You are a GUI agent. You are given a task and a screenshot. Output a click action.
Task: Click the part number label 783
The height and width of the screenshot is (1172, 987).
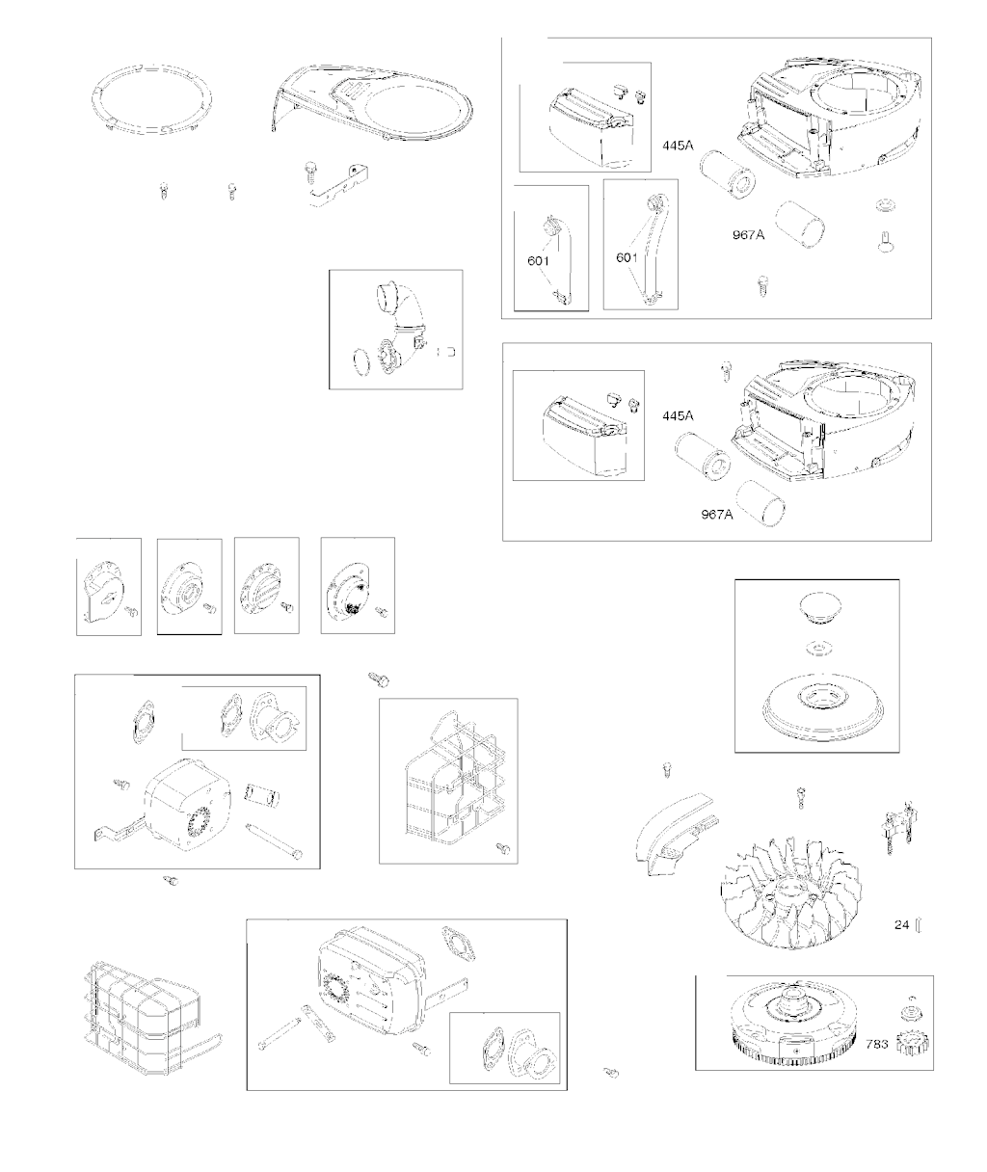pos(877,1044)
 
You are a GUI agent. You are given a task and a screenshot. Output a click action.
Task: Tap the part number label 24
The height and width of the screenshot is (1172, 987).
pos(901,924)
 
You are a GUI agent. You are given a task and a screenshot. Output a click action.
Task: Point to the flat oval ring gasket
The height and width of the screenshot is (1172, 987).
pos(151,99)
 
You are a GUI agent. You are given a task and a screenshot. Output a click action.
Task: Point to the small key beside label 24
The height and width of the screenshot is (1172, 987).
pos(918,924)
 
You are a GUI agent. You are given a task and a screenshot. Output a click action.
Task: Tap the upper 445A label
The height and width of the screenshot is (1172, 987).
pos(678,146)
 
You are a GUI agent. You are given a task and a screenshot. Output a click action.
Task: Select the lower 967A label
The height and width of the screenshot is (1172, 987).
pos(717,514)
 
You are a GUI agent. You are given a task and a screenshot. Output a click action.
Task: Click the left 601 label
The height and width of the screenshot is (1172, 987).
pos(539,261)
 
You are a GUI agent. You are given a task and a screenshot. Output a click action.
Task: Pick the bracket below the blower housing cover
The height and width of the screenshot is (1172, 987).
pos(339,186)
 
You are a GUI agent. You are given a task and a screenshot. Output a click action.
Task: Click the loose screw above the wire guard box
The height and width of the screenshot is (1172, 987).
pos(379,679)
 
